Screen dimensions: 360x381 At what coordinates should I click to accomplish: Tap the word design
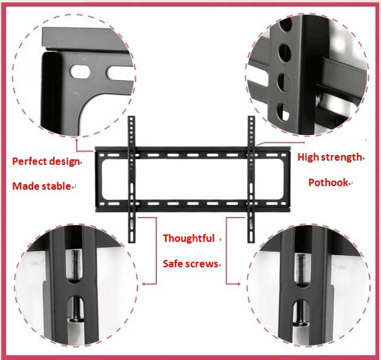[x=64, y=162]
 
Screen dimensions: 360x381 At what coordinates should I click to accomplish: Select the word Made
[x=25, y=186]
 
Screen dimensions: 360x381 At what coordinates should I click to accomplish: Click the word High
[x=308, y=157]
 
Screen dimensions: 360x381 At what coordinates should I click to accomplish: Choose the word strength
[x=340, y=157]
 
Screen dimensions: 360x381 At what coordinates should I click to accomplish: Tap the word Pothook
[x=328, y=182]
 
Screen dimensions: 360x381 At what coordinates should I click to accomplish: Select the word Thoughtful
[x=188, y=238]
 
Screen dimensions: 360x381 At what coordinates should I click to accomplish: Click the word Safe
[x=174, y=264]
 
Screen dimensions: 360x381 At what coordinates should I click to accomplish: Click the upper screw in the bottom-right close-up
[x=301, y=267]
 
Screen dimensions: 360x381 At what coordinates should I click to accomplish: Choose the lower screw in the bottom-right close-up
[x=301, y=313]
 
